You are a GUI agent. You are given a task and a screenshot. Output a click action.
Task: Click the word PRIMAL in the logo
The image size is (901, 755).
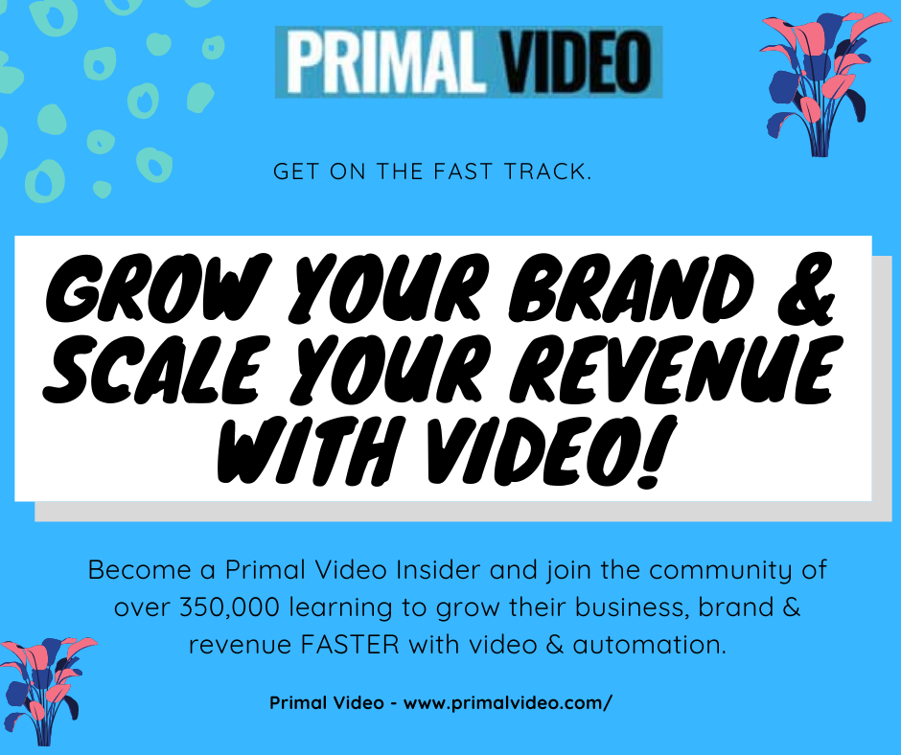click(385, 62)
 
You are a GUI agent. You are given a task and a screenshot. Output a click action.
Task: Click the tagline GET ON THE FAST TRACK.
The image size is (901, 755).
click(432, 172)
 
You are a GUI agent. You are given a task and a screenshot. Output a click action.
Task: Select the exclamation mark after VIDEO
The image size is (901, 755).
click(658, 452)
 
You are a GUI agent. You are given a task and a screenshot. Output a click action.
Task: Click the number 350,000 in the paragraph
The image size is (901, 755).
click(229, 607)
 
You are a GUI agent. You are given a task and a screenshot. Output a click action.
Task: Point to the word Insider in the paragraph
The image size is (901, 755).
click(438, 570)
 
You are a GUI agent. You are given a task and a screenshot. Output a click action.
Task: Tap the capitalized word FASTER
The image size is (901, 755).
click(350, 645)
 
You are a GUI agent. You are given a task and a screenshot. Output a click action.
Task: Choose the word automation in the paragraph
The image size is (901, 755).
click(649, 645)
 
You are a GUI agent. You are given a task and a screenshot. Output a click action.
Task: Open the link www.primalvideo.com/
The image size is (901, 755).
click(508, 703)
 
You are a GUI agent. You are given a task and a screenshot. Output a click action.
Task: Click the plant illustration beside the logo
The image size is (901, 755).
click(823, 84)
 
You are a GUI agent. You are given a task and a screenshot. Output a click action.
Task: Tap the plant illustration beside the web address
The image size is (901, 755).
click(46, 691)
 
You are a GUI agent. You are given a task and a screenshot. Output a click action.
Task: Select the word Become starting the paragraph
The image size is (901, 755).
click(140, 570)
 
